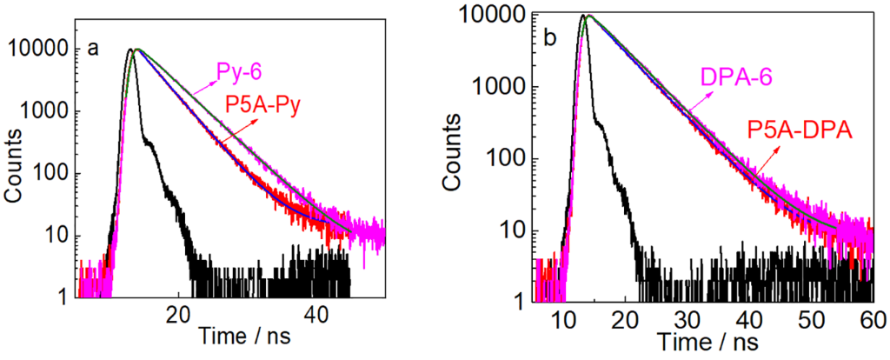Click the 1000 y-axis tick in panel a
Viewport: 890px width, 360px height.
(47, 112)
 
